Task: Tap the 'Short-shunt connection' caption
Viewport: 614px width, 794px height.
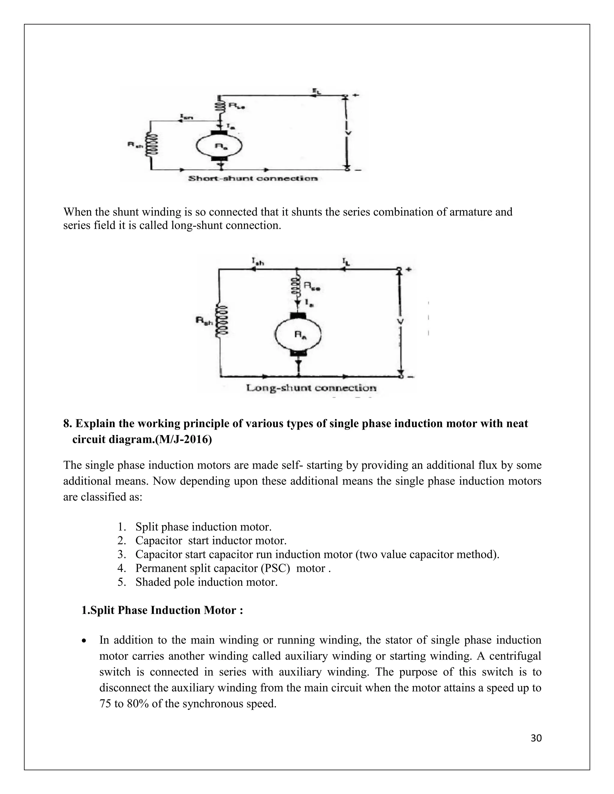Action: click(253, 178)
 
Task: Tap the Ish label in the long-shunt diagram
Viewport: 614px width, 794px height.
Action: click(258, 261)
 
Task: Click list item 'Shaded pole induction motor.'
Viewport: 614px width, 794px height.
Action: click(206, 582)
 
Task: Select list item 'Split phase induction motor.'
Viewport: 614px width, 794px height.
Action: click(203, 527)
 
